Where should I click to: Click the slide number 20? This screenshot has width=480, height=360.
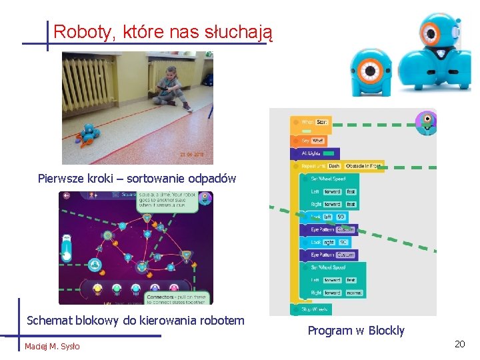(x=459, y=344)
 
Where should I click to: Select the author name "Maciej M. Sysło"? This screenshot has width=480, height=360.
(x=52, y=346)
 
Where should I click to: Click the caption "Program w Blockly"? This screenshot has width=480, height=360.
(x=356, y=331)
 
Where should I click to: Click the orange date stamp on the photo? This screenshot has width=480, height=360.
(x=191, y=155)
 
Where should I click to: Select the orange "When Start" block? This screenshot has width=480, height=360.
(x=311, y=122)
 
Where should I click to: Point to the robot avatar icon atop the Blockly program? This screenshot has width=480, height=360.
(x=425, y=122)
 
